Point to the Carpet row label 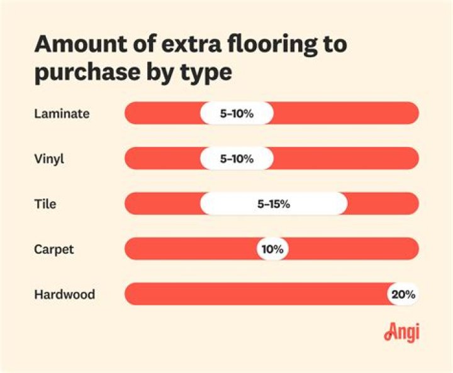(53, 249)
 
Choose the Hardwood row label (64, 294)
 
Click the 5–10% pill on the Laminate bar (237, 114)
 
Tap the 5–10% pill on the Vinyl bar (237, 159)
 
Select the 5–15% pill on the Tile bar (273, 204)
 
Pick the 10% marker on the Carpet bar (272, 249)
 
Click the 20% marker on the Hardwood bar (403, 294)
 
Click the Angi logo (401, 333)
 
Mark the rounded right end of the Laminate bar (412, 114)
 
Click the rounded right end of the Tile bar (412, 204)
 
